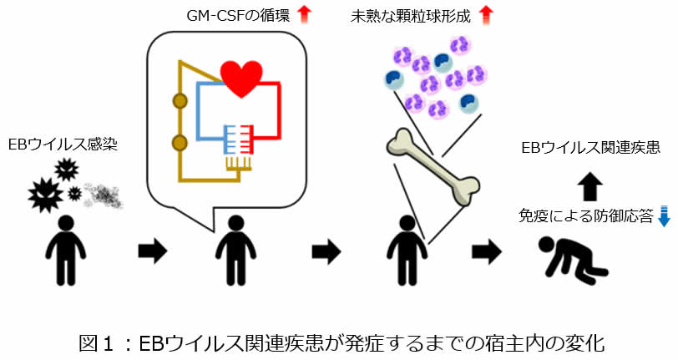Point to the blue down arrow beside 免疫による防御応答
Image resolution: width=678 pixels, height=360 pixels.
tap(665, 215)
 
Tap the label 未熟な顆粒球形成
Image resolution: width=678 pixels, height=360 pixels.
tap(413, 15)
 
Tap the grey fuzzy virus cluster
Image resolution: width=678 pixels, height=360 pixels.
tap(101, 193)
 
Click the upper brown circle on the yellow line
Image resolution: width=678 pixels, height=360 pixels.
tap(178, 102)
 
